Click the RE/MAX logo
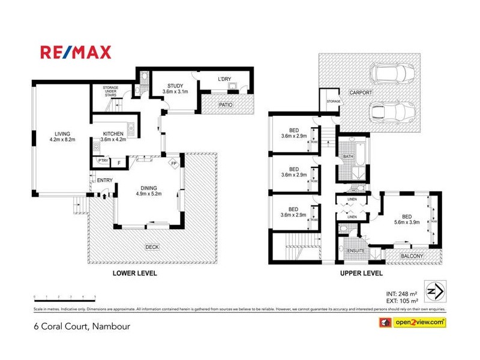(76, 52)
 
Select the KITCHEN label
(113, 134)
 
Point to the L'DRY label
(224, 79)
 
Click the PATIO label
(226, 106)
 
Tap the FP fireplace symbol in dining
(174, 163)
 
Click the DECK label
(154, 247)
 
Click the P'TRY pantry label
(103, 161)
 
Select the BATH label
(348, 157)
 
